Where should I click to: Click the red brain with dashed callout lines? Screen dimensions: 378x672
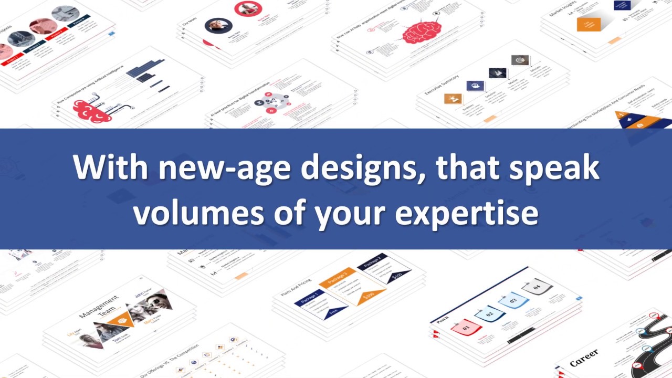pyautogui.click(x=421, y=31)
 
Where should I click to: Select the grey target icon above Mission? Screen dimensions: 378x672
pyautogui.click(x=520, y=60)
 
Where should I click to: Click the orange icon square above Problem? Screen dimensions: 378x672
pyautogui.click(x=453, y=98)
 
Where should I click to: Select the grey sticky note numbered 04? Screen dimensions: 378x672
pyautogui.click(x=537, y=287)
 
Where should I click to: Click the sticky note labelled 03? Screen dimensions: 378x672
pyautogui.click(x=512, y=301)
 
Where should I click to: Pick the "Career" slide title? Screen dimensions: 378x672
pyautogui.click(x=584, y=358)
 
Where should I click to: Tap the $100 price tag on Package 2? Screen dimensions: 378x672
pyautogui.click(x=397, y=275)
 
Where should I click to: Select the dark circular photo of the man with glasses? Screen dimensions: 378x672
pyautogui.click(x=218, y=26)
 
